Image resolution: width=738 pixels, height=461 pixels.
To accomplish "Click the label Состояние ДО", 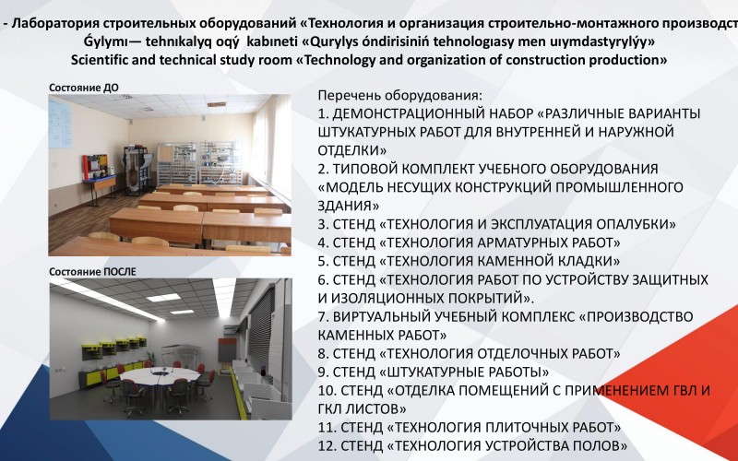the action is point(84,88).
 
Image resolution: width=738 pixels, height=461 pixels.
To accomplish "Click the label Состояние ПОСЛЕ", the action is point(92,272).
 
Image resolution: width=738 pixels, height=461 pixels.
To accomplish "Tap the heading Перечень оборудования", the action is point(400,96).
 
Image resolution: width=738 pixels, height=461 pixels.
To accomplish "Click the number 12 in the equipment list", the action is point(326,445).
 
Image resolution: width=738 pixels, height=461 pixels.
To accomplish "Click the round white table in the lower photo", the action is point(160,375).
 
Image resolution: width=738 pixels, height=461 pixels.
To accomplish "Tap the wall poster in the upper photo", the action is point(60,124).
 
